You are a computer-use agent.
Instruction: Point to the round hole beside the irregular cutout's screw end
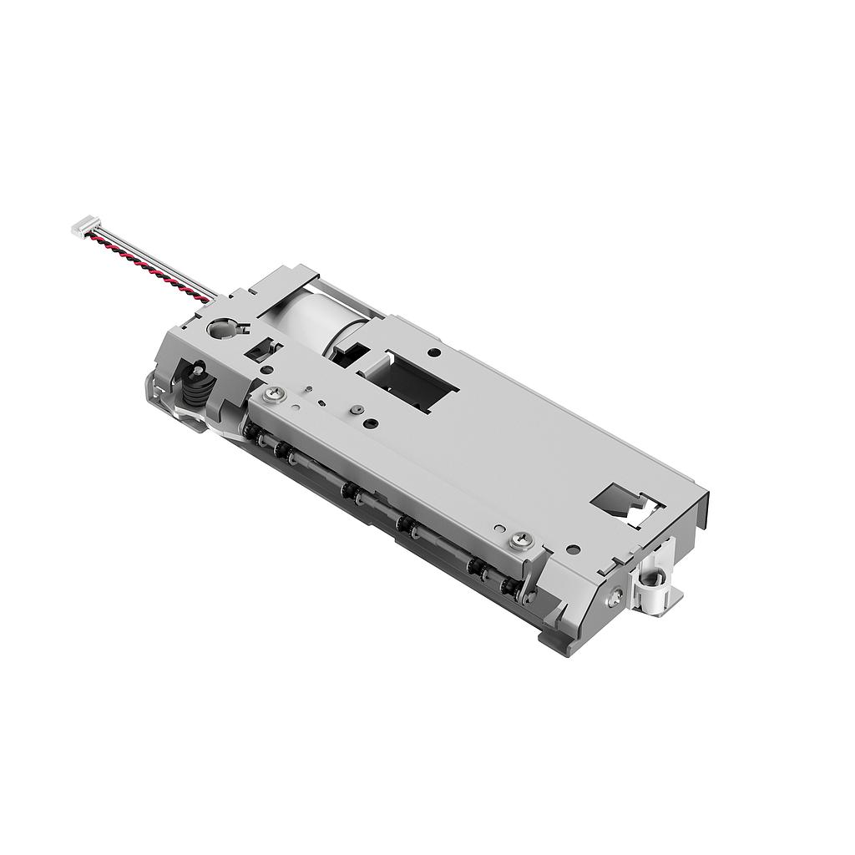pyautogui.click(x=574, y=549)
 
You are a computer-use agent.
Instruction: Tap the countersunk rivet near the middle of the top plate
pyautogui.click(x=357, y=409)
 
